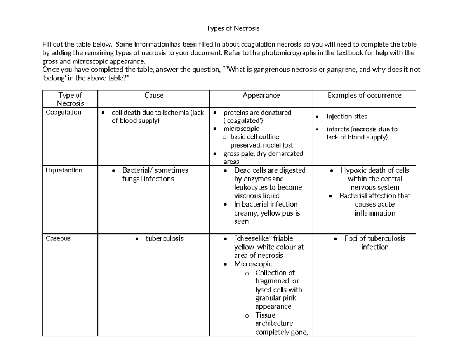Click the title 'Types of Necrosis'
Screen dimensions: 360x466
pos(232,28)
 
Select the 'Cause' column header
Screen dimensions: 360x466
pos(154,95)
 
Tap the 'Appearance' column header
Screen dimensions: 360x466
pos(261,95)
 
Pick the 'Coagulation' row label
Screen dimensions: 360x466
pos(63,112)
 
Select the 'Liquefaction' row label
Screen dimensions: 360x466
pos(64,170)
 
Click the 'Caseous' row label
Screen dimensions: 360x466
pos(58,238)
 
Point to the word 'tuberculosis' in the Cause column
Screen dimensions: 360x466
pos(165,238)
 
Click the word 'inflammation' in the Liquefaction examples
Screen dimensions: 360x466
pos(374,213)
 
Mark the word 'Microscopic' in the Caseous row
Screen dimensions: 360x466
pos(253,264)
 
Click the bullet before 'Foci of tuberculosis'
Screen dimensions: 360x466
pos(336,239)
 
